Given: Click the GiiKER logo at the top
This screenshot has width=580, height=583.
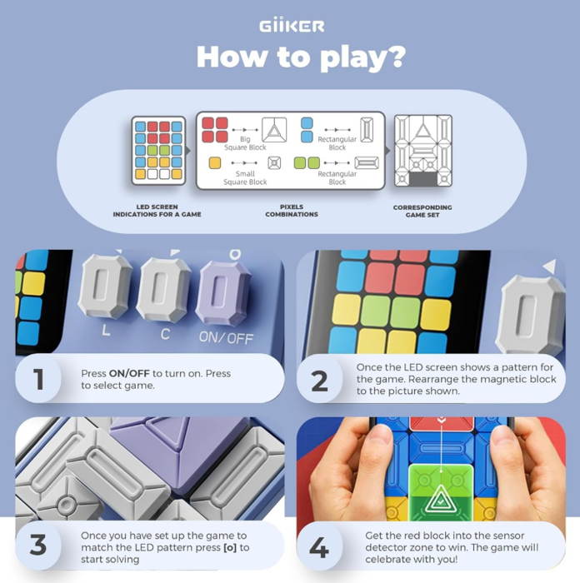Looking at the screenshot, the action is click(x=292, y=26).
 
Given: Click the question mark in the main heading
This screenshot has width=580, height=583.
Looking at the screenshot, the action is click(x=393, y=57).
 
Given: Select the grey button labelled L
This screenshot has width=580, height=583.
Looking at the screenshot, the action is click(x=106, y=287).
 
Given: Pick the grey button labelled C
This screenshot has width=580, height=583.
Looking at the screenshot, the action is click(x=163, y=290).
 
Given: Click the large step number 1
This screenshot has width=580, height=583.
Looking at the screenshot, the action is click(x=38, y=379).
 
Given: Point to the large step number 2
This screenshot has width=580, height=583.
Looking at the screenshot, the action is click(x=319, y=381).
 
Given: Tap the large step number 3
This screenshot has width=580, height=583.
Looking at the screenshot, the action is click(x=38, y=545).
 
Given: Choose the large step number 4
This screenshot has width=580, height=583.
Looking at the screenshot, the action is click(x=319, y=547).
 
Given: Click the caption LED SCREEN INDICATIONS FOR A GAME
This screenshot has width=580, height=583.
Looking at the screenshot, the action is click(x=157, y=211).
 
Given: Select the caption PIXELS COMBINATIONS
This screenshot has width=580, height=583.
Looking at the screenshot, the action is click(x=292, y=211).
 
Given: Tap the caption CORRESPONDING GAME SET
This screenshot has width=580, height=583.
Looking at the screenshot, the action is click(x=422, y=212).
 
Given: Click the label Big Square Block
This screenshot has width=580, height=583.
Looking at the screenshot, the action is click(x=245, y=143).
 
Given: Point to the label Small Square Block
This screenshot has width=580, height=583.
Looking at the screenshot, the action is click(x=245, y=177).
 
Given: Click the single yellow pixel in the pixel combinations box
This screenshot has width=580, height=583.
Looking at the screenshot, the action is click(x=215, y=163).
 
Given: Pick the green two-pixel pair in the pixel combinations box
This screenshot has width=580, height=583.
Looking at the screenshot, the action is click(x=307, y=163).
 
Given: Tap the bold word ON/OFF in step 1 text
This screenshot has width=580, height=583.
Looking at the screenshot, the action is click(x=129, y=373).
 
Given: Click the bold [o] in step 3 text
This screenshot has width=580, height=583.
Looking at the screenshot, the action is click(x=230, y=548).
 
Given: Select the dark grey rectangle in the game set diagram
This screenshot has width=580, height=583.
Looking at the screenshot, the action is click(x=423, y=179).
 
